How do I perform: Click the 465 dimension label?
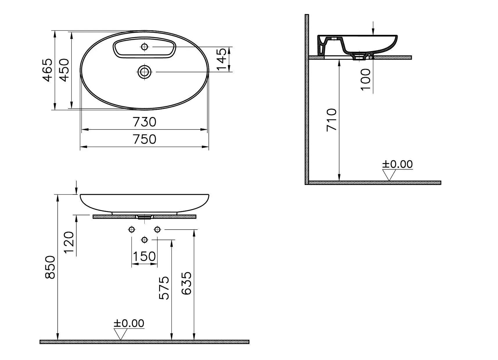point(48,70)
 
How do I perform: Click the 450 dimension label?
point(64,70)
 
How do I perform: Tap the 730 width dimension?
point(145,122)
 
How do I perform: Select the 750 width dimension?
point(145,139)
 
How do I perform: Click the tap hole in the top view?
point(144,46)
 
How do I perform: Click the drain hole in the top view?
point(144,71)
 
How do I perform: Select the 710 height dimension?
point(332,120)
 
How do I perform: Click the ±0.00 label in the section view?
point(397,164)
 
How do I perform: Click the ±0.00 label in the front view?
point(129,323)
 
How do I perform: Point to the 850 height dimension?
point(50,267)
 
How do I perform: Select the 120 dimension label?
point(69,242)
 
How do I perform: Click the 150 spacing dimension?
point(144,257)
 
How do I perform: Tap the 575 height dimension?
point(164,288)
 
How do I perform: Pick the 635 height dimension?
point(187,283)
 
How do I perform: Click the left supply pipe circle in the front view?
point(132,230)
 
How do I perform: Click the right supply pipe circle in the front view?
point(157,230)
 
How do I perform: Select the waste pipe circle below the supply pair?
point(144,240)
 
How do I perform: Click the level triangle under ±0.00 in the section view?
point(389,174)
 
